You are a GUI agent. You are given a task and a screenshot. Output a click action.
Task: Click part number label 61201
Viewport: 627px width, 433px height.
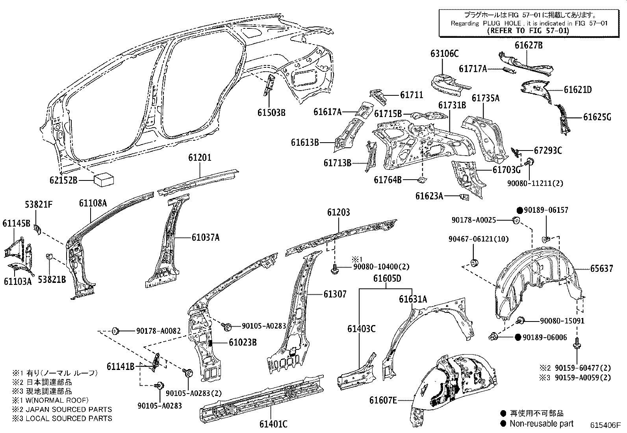(199, 158)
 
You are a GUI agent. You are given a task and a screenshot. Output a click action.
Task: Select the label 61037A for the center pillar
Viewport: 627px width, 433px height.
(206, 237)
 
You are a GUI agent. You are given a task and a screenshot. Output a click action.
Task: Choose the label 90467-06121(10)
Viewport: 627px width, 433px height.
(473, 239)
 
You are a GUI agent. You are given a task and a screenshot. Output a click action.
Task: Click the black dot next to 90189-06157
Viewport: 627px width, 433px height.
(519, 210)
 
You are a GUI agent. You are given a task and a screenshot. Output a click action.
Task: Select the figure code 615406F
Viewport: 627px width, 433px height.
(605, 426)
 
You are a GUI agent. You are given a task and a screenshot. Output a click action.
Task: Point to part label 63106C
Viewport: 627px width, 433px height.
(444, 54)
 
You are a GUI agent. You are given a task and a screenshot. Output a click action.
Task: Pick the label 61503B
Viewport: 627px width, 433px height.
(271, 112)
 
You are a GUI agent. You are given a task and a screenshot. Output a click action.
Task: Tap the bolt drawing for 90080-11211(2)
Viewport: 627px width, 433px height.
(530, 161)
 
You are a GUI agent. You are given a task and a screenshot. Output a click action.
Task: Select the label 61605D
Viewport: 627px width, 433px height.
(387, 279)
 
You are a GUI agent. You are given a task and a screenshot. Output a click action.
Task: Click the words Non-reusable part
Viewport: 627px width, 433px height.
(542, 424)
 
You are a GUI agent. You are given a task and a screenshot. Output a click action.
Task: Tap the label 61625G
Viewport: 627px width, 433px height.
(597, 117)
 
